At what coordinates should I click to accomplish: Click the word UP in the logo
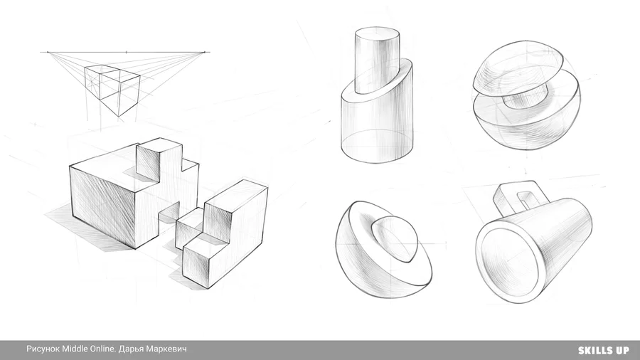click(x=622, y=350)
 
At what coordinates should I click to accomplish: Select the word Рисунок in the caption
click(x=43, y=349)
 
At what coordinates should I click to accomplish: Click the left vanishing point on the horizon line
click(x=48, y=52)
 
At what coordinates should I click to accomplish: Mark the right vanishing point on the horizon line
click(x=205, y=52)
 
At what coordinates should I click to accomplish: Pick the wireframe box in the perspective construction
click(x=112, y=90)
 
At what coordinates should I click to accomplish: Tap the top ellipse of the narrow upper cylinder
click(x=378, y=34)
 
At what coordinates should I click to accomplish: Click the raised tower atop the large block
click(x=159, y=162)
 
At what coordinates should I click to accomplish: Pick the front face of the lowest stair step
click(x=197, y=264)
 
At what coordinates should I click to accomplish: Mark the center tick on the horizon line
click(x=126, y=52)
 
